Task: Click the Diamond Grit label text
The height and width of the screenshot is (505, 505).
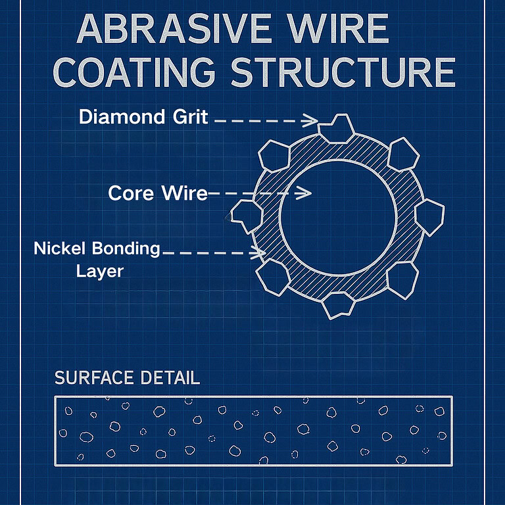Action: pos(143,118)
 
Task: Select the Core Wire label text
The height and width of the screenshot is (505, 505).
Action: pos(158,193)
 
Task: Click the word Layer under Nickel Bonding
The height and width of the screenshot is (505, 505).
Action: pos(100,270)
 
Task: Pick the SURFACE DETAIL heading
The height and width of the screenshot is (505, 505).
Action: pos(127,378)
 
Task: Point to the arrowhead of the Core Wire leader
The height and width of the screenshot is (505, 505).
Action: pos(305,193)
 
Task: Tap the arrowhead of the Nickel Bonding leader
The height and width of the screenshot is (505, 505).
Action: pos(260,252)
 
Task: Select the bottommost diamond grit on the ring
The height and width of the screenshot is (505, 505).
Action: pos(338,304)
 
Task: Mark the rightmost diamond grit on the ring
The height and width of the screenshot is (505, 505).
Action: pos(430,217)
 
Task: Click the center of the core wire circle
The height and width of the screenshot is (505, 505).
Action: pos(338,216)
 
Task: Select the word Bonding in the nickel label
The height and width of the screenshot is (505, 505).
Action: pos(130,249)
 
